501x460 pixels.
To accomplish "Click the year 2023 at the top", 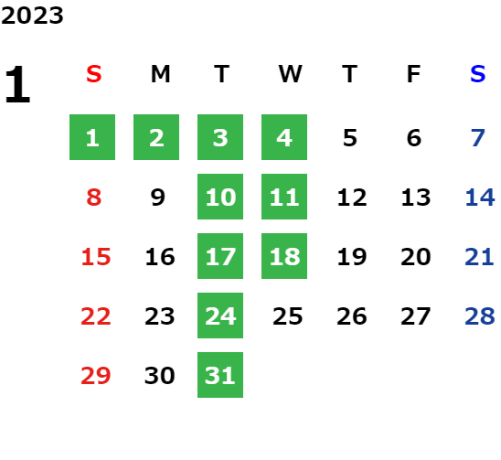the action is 32,16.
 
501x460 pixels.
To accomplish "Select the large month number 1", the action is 17,84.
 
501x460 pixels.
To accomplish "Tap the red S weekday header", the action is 94,74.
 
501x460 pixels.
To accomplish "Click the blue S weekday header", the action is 478,74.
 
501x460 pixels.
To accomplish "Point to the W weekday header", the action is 290,74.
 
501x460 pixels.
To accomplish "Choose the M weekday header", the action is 160,74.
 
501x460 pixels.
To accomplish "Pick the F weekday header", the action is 414,74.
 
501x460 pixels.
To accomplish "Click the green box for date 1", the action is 92,137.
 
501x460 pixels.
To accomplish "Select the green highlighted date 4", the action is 284,137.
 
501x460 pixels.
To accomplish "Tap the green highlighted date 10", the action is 220,197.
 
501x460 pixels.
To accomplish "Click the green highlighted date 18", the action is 284,256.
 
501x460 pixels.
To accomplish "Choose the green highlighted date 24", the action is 220,316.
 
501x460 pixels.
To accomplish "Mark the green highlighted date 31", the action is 220,375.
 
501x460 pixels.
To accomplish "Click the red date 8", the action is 94,197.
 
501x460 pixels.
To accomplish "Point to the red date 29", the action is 96,375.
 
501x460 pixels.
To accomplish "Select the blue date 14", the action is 480,197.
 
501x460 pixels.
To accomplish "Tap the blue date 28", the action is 480,316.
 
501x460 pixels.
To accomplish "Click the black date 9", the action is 158,197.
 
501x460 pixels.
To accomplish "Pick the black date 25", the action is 288,316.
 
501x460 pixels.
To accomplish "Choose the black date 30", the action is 160,375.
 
